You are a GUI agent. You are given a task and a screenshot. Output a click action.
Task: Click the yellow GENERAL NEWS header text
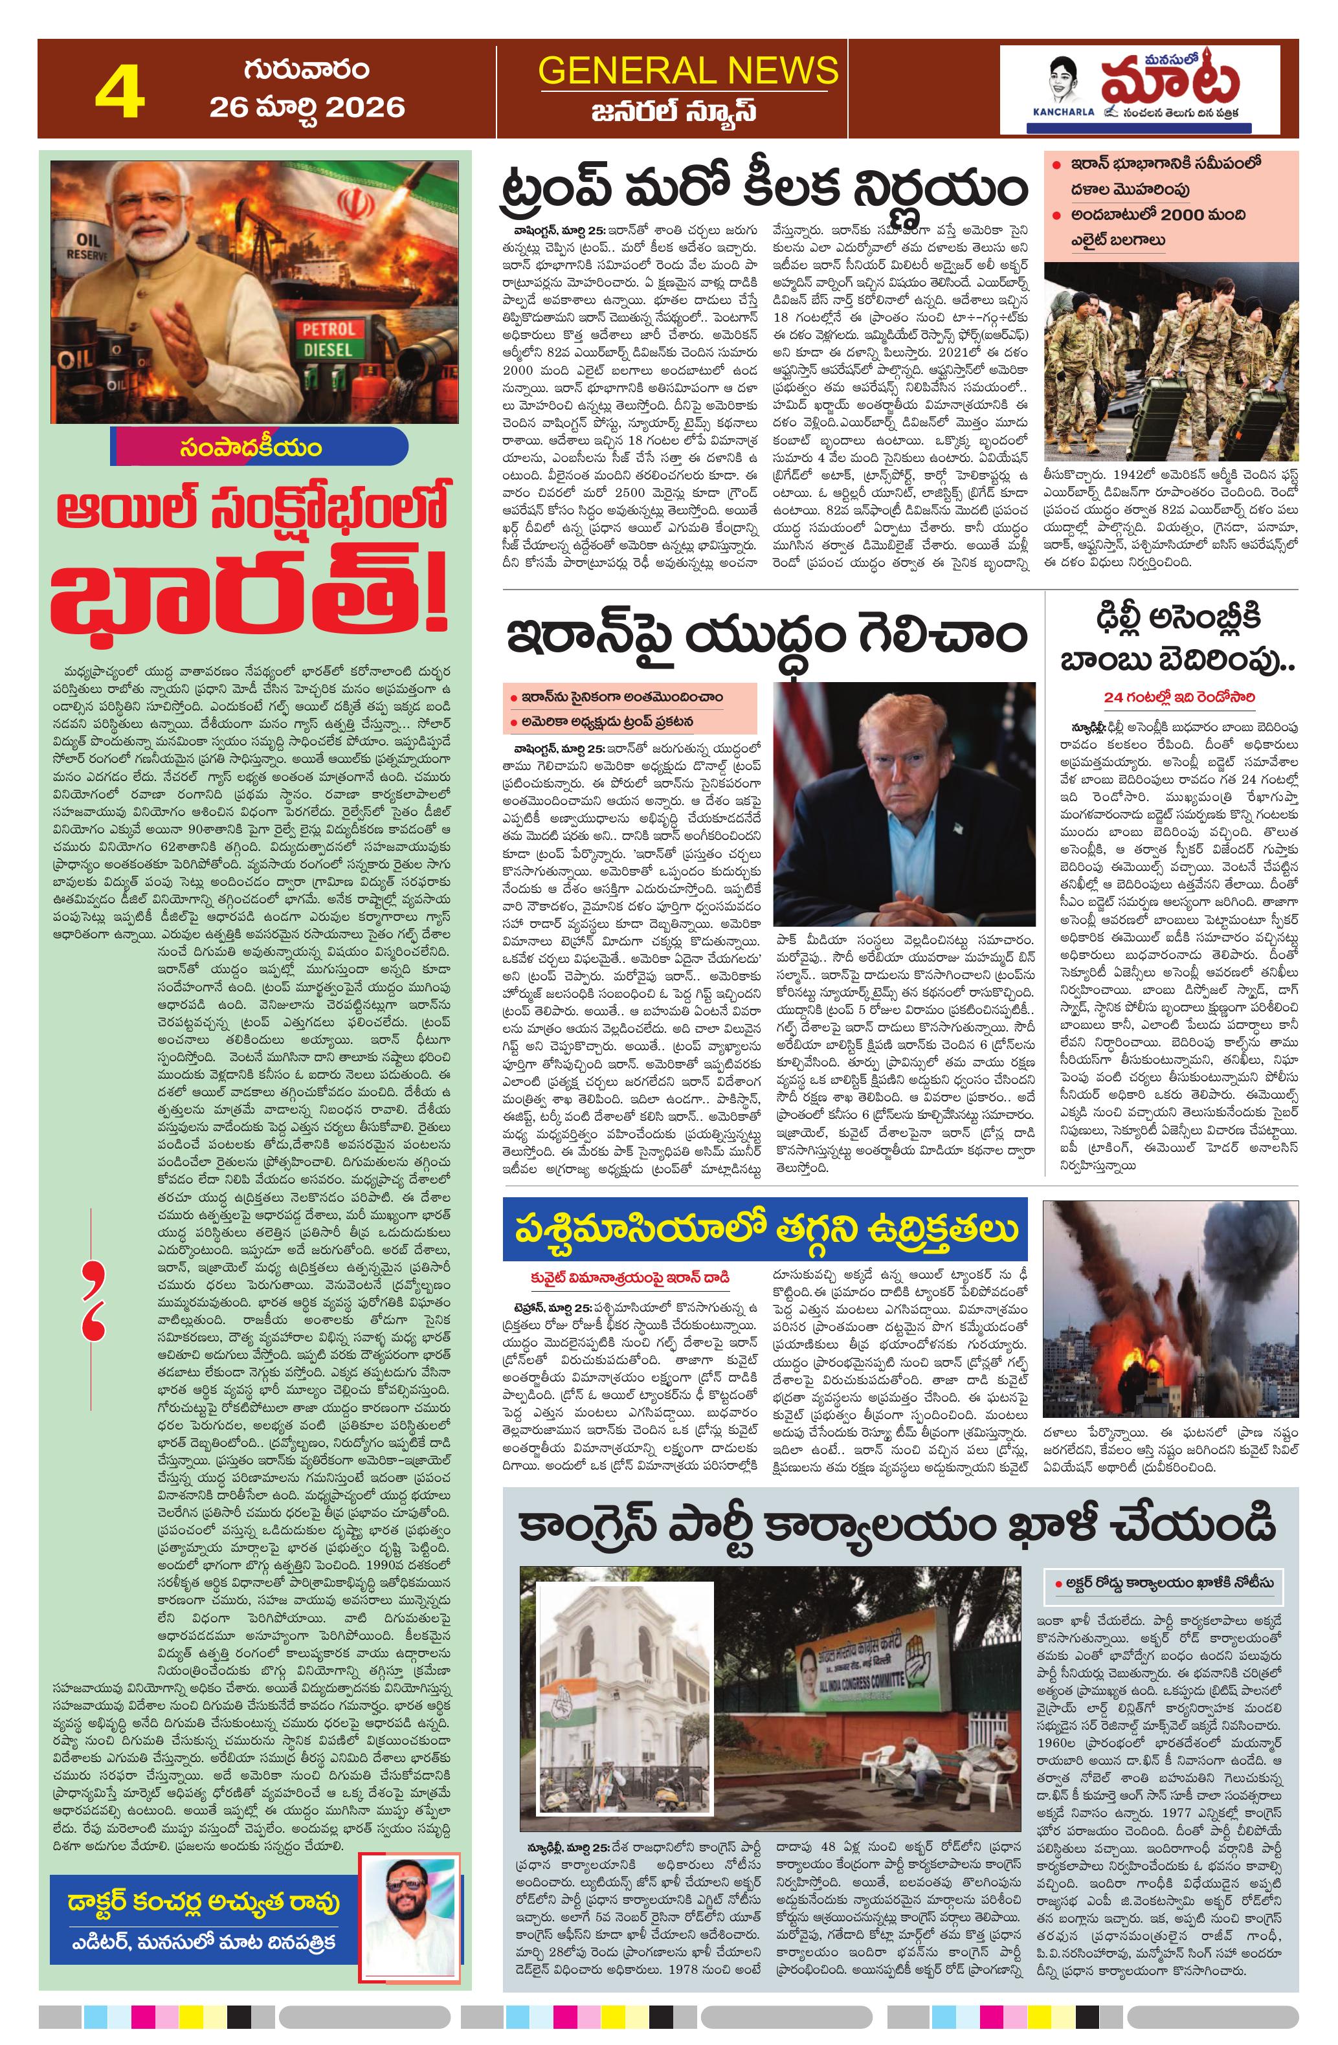tap(687, 71)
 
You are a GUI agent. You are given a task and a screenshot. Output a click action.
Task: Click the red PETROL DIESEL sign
tap(328, 340)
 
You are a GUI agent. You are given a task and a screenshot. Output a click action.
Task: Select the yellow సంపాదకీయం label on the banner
tap(252, 448)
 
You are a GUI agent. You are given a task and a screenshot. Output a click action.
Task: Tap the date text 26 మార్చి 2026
tap(307, 107)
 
